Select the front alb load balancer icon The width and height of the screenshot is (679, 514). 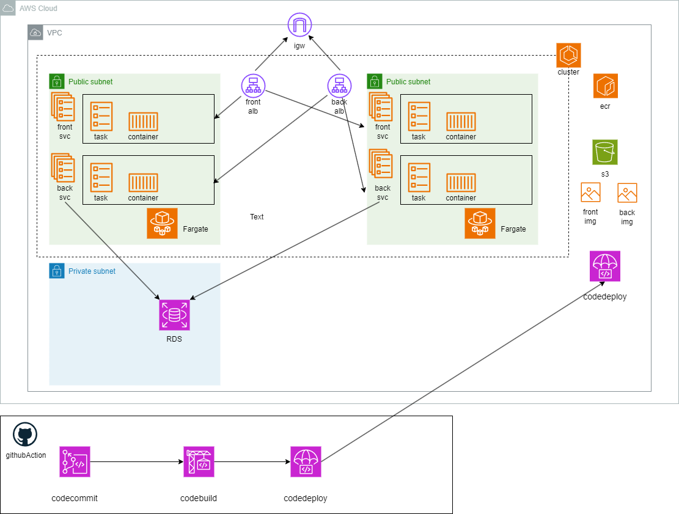253,86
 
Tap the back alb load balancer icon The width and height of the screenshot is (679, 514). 339,86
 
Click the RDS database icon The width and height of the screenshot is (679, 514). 174,315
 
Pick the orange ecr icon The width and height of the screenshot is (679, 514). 605,86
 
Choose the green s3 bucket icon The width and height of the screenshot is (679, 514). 604,152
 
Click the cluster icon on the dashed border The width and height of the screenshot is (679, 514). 568,55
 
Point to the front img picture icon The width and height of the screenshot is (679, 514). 590,193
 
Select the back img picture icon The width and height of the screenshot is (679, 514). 627,193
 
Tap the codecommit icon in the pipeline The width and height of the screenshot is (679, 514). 75,461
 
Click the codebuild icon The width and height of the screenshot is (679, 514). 199,461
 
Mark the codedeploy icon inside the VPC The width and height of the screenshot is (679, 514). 605,266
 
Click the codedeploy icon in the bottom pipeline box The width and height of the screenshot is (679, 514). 306,461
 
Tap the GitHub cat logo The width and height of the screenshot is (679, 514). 25,435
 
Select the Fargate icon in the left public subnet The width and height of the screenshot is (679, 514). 162,223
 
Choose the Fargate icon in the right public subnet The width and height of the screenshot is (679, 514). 480,223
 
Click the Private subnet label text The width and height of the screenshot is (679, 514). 92,271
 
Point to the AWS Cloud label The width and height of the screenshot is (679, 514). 38,9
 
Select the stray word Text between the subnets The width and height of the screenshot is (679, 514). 257,217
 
